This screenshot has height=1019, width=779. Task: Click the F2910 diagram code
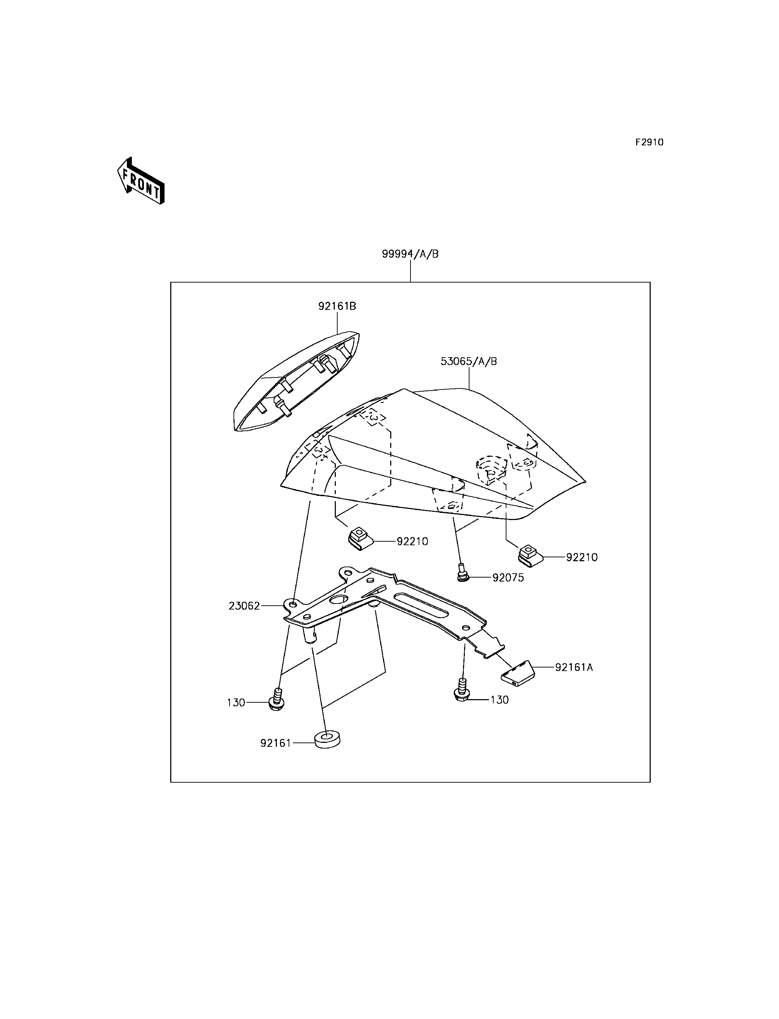pyautogui.click(x=649, y=143)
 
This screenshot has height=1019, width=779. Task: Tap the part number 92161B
pyautogui.click(x=337, y=306)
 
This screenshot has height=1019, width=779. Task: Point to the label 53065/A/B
pyautogui.click(x=469, y=361)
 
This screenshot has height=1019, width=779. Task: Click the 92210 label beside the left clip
pyautogui.click(x=412, y=541)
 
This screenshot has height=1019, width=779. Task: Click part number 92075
pyautogui.click(x=508, y=578)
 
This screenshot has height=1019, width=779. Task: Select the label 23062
pyautogui.click(x=245, y=606)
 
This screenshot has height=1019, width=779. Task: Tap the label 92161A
pyautogui.click(x=574, y=667)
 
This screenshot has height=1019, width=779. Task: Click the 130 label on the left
pyautogui.click(x=236, y=703)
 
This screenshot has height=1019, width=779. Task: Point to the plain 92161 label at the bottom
pyautogui.click(x=276, y=743)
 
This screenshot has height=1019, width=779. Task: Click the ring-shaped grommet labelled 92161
pyautogui.click(x=327, y=740)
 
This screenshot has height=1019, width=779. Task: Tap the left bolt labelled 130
pyautogui.click(x=277, y=699)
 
